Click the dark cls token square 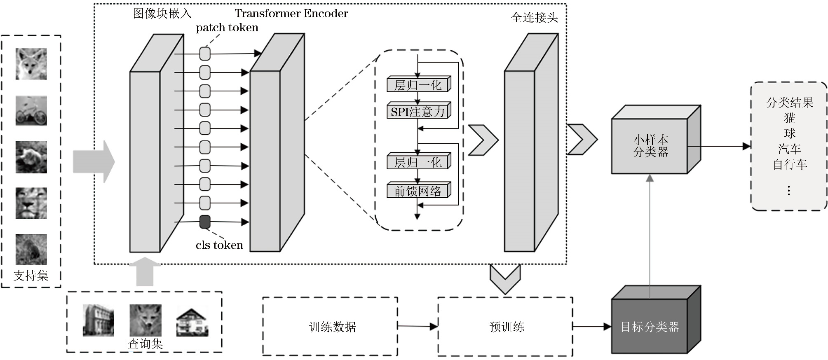coord(205,222)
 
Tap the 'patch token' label coord(227,28)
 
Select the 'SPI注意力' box coord(418,112)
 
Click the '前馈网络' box coord(418,191)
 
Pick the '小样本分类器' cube coord(650,146)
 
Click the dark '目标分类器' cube coord(650,327)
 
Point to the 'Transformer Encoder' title coord(291,14)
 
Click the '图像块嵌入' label coord(162,14)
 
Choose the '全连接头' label coord(534,18)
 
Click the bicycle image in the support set coord(31,110)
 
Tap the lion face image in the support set coord(31,203)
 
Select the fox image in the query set coord(145,320)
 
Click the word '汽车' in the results coord(789,149)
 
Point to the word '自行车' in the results coord(790,164)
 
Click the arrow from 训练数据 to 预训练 coord(417,326)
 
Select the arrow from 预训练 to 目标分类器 coord(591,327)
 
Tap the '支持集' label coord(31,276)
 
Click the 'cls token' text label coord(219,245)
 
